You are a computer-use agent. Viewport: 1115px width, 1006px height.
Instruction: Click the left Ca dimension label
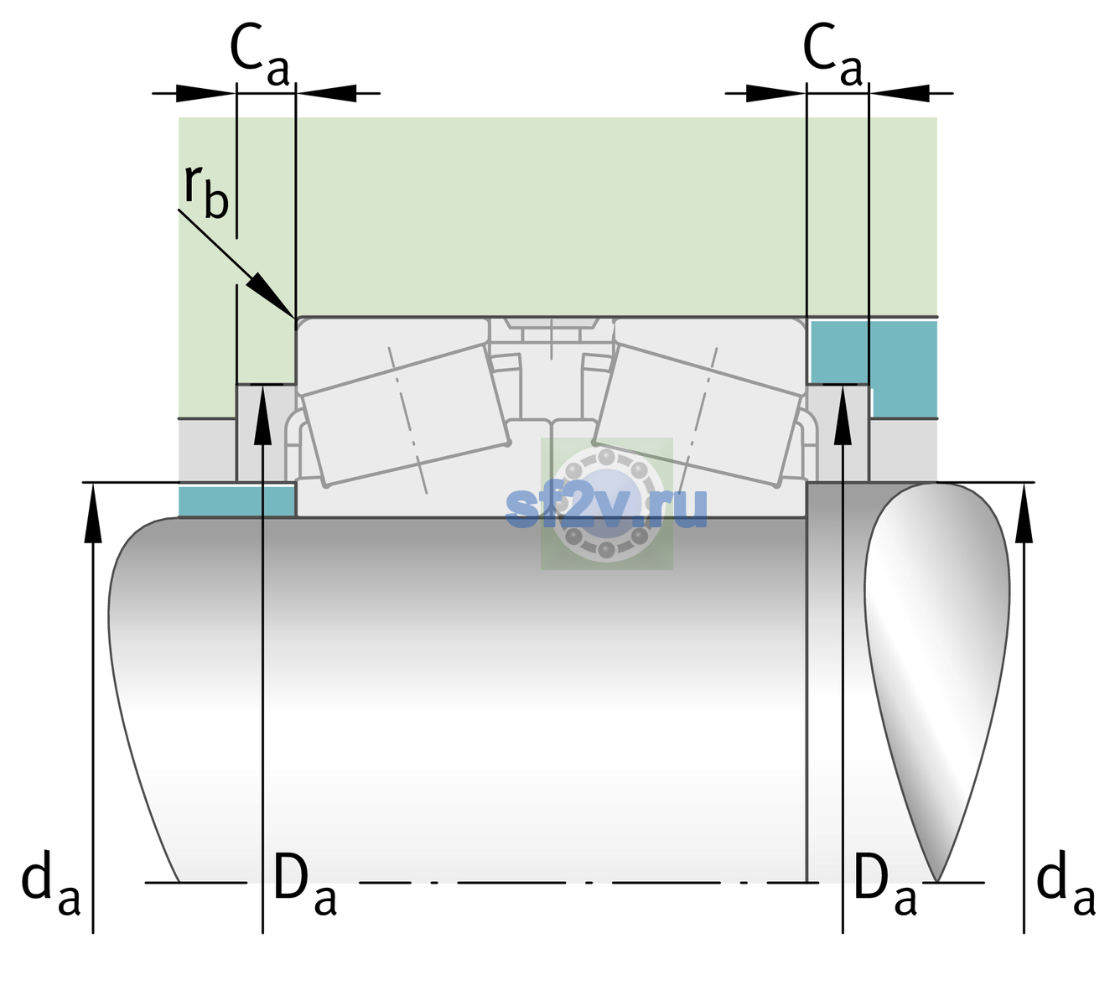coord(260,54)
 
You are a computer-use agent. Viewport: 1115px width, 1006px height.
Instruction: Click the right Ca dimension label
coord(832,54)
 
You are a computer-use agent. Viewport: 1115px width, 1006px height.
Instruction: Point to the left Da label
coord(304,884)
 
